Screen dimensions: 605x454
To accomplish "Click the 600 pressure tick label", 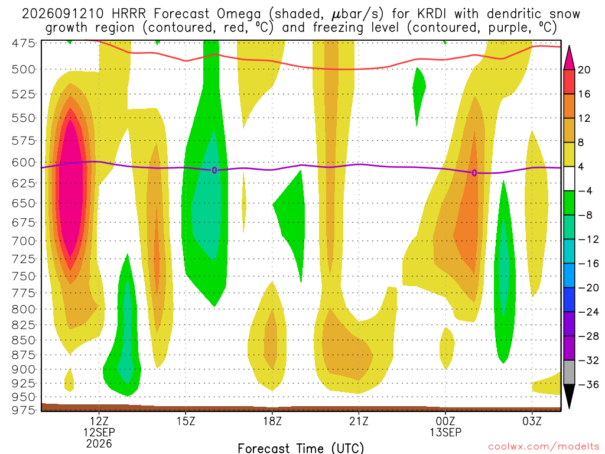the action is (24, 163).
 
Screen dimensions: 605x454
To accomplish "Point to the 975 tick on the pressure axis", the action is (24, 410).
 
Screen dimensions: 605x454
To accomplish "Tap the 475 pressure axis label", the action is (24, 43).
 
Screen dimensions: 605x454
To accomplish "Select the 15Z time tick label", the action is (186, 420).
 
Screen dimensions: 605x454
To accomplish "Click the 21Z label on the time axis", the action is (359, 420).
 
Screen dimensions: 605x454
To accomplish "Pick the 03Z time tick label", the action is (532, 420).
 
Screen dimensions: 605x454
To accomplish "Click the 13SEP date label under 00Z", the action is (445, 432).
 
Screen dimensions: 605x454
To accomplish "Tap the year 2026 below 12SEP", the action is (99, 444).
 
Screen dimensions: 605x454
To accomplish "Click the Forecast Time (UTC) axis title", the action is (301, 448).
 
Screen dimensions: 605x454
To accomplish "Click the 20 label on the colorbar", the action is (584, 70).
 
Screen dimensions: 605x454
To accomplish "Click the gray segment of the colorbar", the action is (569, 372).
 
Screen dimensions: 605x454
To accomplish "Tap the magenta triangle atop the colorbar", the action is (569, 58).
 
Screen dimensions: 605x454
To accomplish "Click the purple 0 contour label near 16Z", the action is (214, 170).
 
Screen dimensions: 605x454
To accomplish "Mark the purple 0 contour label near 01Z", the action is (474, 173).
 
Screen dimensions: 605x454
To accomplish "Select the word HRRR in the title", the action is (128, 14).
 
